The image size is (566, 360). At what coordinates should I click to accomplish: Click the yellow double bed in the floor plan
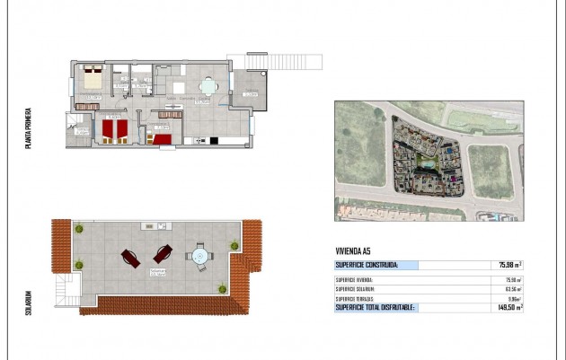(x=93, y=77)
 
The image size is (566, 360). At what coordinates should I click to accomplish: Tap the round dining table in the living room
(x=208, y=87)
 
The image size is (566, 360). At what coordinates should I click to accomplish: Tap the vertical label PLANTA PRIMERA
(x=30, y=127)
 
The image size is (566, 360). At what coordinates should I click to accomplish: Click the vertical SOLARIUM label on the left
(x=30, y=297)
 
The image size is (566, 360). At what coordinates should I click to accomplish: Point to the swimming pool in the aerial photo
(x=426, y=165)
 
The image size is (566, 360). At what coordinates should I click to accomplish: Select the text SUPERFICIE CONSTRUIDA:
(x=366, y=265)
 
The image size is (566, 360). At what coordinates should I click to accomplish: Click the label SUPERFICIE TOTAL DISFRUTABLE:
(x=375, y=307)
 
